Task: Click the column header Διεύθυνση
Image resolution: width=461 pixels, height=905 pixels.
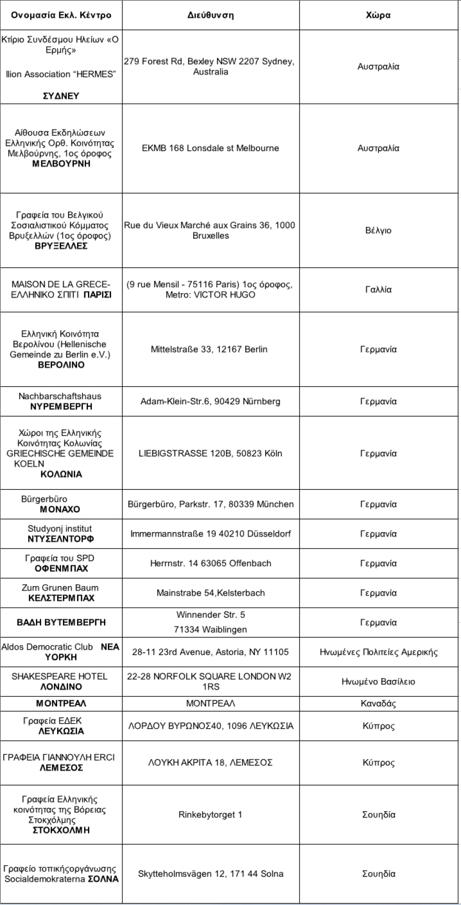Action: pyautogui.click(x=211, y=15)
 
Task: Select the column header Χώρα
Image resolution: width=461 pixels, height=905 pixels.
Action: pyautogui.click(x=378, y=15)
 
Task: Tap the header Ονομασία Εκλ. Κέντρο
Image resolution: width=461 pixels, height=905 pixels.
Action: pyautogui.click(x=61, y=15)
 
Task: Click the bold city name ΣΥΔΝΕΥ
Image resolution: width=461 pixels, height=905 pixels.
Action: pyautogui.click(x=61, y=96)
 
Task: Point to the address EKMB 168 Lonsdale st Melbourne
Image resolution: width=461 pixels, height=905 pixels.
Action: pyautogui.click(x=211, y=148)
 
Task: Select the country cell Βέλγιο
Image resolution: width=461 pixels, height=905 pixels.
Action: pyautogui.click(x=378, y=231)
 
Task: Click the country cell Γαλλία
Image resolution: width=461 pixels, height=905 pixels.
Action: pyautogui.click(x=378, y=289)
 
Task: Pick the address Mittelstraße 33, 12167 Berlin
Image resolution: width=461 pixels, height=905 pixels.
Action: pyautogui.click(x=209, y=349)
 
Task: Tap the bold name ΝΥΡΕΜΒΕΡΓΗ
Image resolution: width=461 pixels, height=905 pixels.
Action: pyautogui.click(x=61, y=406)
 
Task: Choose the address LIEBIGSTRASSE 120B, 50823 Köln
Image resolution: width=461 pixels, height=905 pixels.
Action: pyautogui.click(x=211, y=454)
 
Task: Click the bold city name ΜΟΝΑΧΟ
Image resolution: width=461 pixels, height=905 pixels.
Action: pyautogui.click(x=60, y=509)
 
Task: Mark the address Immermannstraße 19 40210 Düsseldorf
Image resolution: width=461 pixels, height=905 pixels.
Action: pyautogui.click(x=211, y=534)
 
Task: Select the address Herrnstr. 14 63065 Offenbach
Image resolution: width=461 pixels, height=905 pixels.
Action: pyautogui.click(x=211, y=563)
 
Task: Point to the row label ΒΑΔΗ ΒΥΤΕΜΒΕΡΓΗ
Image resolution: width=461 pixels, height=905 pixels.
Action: pyautogui.click(x=61, y=622)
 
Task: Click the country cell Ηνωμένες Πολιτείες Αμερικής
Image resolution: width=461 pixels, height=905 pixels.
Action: pyautogui.click(x=378, y=652)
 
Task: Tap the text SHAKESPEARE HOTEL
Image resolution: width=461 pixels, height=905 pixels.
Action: pyautogui.click(x=59, y=676)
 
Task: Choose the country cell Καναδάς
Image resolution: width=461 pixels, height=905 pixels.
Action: pyautogui.click(x=378, y=704)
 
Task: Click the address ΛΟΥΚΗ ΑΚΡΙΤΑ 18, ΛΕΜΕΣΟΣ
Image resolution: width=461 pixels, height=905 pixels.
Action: pyautogui.click(x=211, y=763)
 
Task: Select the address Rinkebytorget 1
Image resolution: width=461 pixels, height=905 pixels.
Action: pyautogui.click(x=211, y=815)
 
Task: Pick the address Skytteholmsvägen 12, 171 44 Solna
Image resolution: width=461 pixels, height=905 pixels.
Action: pyautogui.click(x=211, y=874)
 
